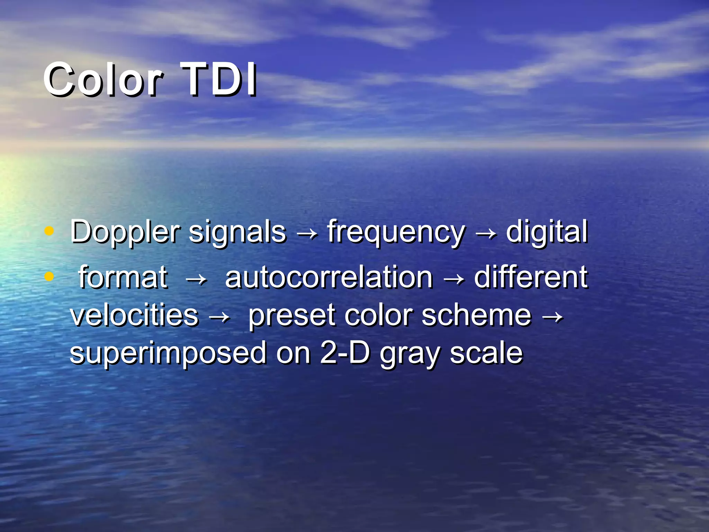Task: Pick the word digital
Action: [547, 231]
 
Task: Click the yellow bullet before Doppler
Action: [50, 231]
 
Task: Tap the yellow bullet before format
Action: [50, 276]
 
